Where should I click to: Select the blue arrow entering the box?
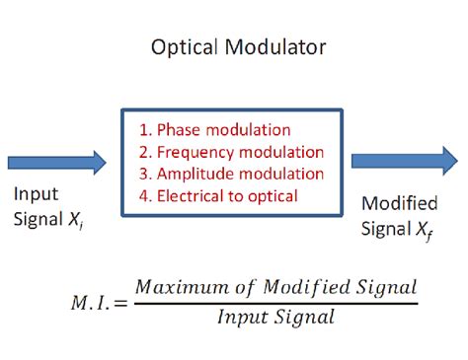(56, 162)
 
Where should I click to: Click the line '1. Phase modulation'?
(214, 130)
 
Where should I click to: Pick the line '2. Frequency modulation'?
(231, 152)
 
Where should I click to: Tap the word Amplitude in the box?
(194, 174)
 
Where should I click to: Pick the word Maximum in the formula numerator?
(176, 287)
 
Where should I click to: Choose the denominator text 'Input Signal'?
(275, 318)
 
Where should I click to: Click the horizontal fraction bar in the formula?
(275, 302)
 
